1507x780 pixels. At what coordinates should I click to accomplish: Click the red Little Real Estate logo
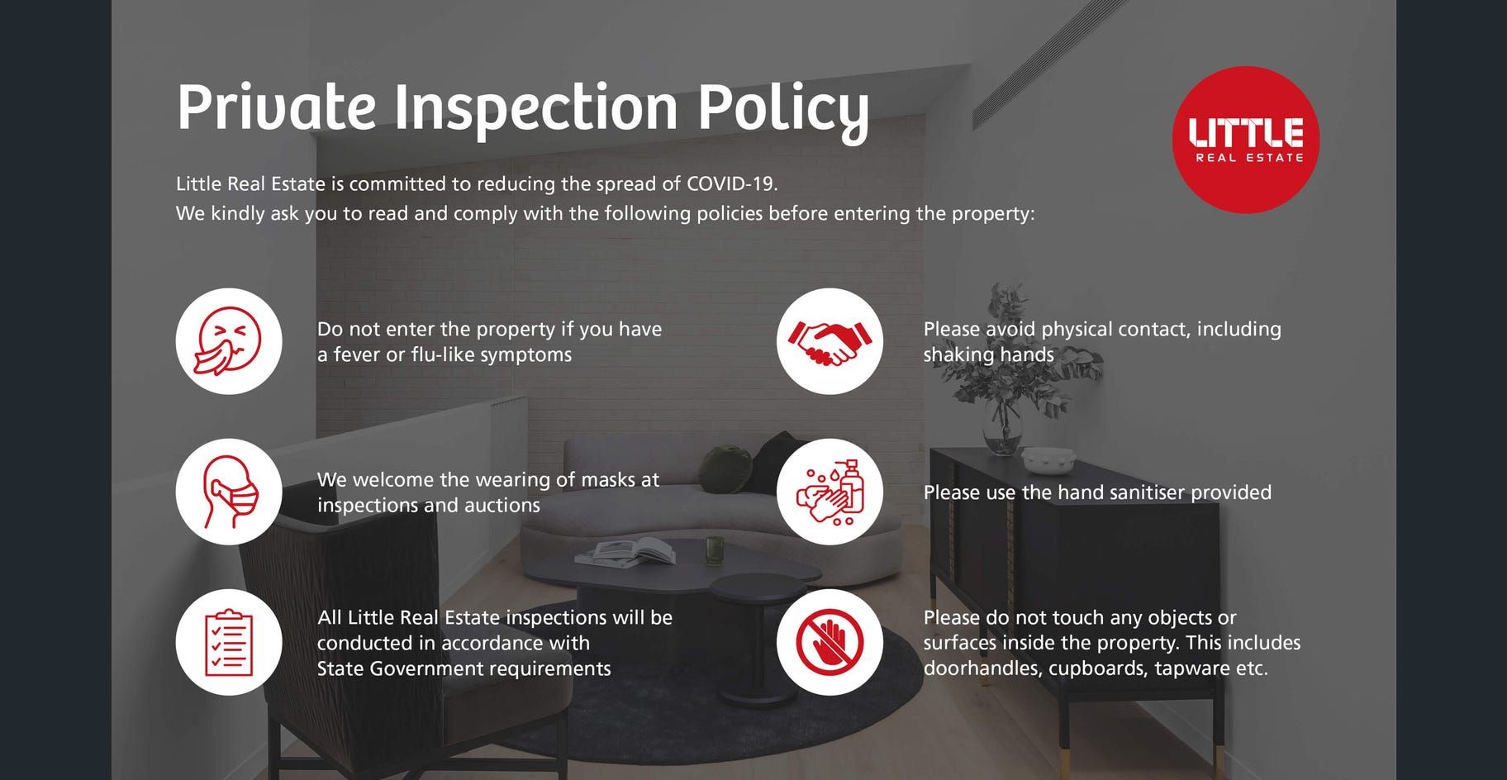point(1245,140)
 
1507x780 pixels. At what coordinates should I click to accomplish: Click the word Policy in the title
point(783,110)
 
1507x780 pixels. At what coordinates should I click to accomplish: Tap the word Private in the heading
point(277,107)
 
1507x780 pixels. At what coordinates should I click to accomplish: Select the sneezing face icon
point(229,341)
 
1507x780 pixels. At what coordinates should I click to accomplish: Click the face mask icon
point(229,492)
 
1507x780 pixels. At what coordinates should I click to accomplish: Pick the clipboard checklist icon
point(229,642)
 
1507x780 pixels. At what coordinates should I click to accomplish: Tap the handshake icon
point(830,341)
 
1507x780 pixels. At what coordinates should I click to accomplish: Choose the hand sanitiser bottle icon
point(830,492)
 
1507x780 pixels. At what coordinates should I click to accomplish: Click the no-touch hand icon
point(830,642)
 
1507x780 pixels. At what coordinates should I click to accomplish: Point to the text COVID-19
point(732,183)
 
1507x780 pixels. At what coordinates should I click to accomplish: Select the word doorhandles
point(982,668)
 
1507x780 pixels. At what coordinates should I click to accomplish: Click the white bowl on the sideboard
point(1048,458)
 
